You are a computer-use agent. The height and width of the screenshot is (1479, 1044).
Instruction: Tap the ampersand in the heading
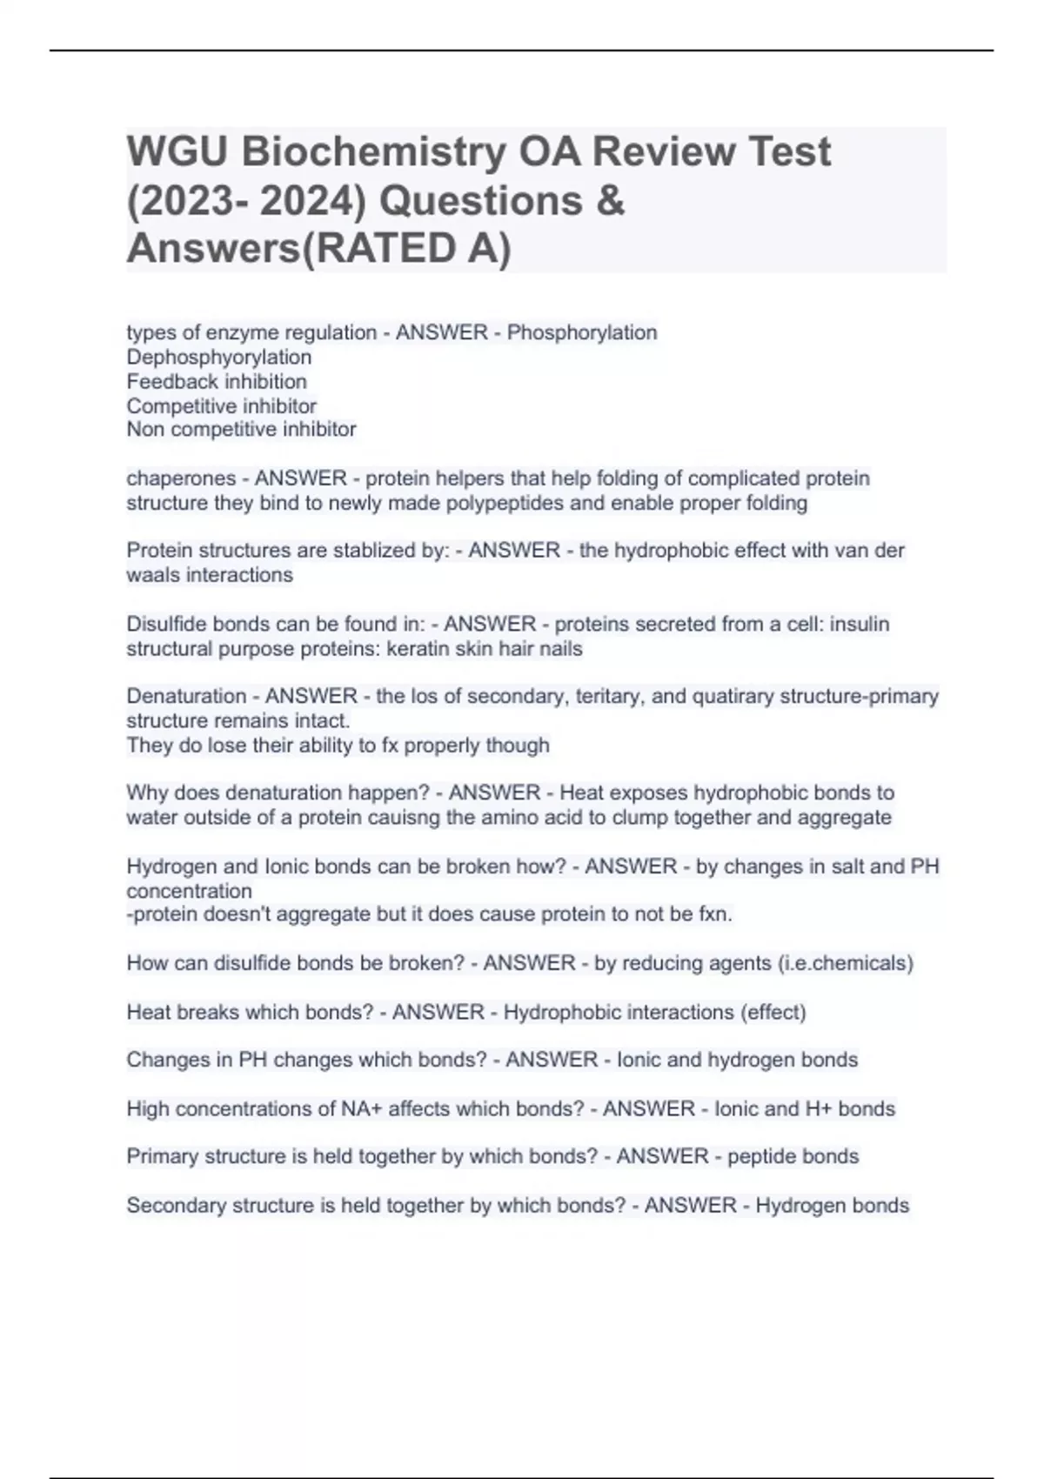611,201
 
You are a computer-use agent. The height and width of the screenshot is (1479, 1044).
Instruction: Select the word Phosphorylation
582,332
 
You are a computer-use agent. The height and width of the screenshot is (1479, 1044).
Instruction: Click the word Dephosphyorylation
218,357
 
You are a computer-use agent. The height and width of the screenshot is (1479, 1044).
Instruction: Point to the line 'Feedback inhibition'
217,381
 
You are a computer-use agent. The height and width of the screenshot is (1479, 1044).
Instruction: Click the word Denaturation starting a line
186,696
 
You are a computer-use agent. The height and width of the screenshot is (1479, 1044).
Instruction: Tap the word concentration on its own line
189,891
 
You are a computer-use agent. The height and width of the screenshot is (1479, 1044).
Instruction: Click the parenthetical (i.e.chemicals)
842,963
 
